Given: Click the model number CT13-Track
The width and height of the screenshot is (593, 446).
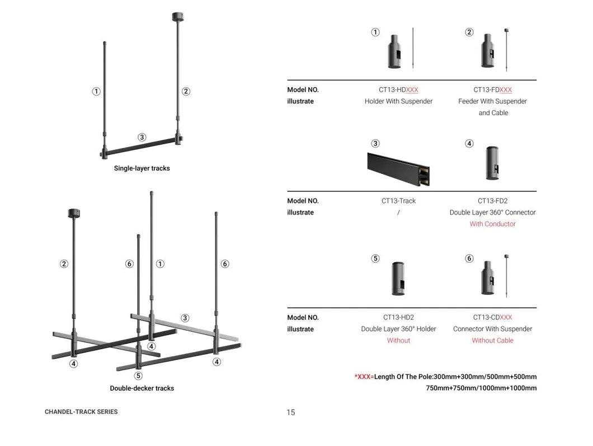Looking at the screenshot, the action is (398, 201).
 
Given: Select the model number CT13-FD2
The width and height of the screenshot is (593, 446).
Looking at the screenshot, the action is (492, 201).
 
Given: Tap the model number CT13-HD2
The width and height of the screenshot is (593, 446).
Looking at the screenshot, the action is (398, 317).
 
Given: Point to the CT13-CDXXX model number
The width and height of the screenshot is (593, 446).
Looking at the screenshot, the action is (492, 317).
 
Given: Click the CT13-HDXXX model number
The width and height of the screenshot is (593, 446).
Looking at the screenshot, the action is (398, 89).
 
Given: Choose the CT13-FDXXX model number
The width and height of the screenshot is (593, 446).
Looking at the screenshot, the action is (492, 89).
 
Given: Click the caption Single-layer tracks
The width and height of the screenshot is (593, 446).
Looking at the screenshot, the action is (142, 168).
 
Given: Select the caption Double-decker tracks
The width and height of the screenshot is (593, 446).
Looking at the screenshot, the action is (142, 388).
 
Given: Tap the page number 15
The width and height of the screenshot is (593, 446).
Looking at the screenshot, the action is (290, 412).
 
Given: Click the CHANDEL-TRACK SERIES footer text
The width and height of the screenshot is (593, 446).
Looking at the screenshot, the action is (81, 411).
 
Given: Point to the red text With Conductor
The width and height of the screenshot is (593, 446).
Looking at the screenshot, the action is (492, 224).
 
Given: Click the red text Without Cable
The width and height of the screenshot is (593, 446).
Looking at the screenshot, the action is (492, 340).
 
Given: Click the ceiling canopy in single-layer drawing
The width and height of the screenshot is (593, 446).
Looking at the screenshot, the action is (177, 17).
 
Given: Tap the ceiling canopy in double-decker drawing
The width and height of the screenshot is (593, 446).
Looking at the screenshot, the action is (74, 213).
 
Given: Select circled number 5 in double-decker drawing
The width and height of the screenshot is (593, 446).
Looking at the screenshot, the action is (138, 376).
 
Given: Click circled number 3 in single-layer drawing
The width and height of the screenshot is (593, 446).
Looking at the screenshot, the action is (142, 137).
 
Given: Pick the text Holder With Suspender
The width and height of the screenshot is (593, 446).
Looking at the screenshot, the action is (398, 101).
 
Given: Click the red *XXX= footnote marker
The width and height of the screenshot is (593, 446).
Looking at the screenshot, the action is (364, 377).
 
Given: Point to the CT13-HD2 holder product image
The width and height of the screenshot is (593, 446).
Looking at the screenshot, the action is (398, 278).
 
